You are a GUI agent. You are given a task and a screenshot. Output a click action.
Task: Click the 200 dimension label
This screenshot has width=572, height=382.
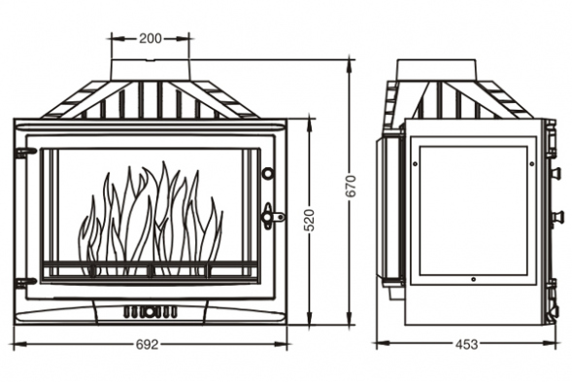[x=150, y=38]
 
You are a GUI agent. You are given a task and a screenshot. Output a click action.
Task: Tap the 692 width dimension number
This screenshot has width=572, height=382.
[x=148, y=344]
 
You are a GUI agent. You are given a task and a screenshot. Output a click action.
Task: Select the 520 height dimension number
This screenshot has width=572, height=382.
[x=309, y=220]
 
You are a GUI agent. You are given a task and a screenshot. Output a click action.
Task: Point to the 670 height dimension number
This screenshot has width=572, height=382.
[x=351, y=187]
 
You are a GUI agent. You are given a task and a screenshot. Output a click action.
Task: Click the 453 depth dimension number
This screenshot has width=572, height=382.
[x=466, y=344]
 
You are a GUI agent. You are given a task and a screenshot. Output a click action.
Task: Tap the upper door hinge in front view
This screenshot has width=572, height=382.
[x=25, y=151]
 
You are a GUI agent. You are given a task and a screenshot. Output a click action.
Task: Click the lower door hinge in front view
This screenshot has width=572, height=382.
[x=25, y=282]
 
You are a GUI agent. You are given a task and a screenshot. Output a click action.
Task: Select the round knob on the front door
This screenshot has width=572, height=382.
[x=268, y=173]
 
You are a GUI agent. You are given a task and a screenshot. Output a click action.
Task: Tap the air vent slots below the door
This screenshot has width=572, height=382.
[x=150, y=311]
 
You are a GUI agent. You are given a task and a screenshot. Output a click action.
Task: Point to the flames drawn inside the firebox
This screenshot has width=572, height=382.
[x=151, y=219]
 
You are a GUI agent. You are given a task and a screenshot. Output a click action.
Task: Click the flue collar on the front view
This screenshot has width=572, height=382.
[x=150, y=69]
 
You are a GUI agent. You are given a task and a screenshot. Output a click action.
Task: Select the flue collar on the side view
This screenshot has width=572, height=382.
[x=436, y=69]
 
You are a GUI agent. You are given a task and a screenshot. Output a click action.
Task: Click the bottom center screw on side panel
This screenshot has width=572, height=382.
[x=473, y=279]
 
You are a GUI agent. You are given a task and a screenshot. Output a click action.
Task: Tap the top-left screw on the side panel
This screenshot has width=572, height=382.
[x=415, y=163]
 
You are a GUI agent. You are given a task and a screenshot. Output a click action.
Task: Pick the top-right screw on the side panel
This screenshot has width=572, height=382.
[x=531, y=163]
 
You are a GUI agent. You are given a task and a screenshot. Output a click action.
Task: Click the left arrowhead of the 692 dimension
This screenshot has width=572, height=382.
[x=20, y=344]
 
